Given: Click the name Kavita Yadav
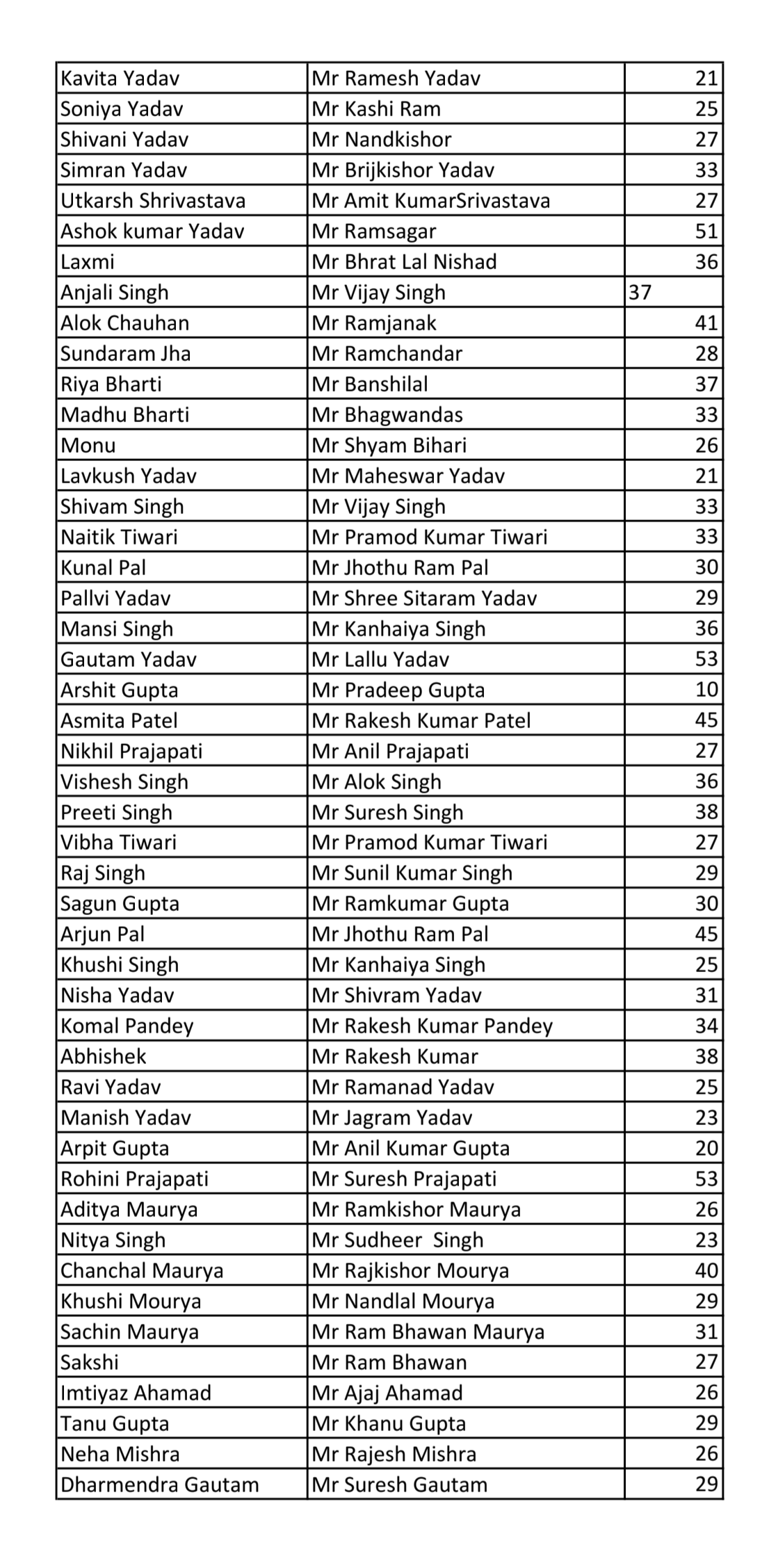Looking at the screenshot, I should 120,79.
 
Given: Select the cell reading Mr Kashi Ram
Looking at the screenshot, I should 375,109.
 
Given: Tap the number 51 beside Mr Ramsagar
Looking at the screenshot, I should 706,232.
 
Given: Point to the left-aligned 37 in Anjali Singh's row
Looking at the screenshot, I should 640,293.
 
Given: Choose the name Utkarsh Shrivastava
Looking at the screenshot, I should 153,201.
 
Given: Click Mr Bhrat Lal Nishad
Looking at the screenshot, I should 404,262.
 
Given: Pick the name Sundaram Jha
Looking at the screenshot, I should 125,354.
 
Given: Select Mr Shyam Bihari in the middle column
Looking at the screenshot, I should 389,446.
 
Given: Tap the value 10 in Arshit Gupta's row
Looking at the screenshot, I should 706,690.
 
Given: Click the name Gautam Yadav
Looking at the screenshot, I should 129,659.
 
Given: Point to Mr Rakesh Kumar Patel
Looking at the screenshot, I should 421,720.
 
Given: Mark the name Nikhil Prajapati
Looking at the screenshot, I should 131,751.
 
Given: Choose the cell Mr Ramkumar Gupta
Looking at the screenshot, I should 410,904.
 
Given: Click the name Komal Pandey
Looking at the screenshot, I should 127,1026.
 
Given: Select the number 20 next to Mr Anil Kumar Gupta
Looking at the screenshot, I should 706,1149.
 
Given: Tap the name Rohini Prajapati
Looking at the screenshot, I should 134,1179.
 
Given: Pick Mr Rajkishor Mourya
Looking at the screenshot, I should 410,1271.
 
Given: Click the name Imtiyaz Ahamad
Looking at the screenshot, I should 136,1393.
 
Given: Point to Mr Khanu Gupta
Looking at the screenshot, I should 389,1424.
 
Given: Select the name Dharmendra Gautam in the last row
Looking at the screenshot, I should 159,1485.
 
